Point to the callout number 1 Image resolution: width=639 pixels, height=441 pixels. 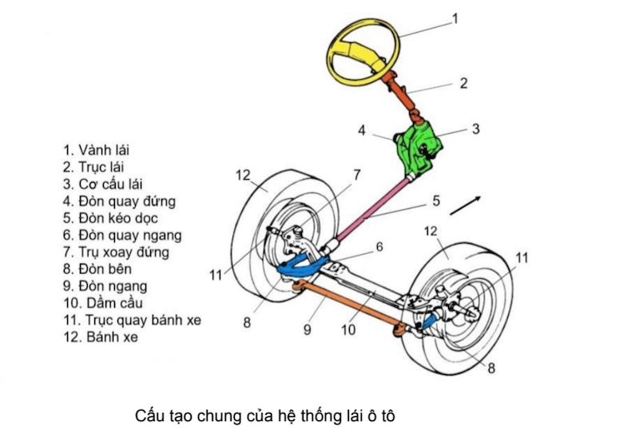coord(455,17)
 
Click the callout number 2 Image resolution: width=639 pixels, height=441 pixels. coord(462,81)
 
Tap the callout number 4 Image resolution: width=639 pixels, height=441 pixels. coord(361,129)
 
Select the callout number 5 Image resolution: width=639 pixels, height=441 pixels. coord(436,201)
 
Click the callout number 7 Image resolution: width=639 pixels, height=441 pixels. coord(357,174)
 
